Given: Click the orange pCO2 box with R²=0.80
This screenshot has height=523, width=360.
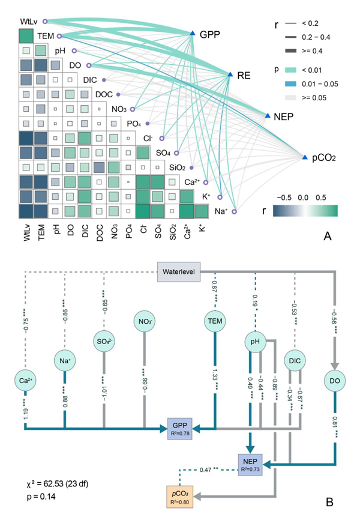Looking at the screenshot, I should [x=179, y=497].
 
